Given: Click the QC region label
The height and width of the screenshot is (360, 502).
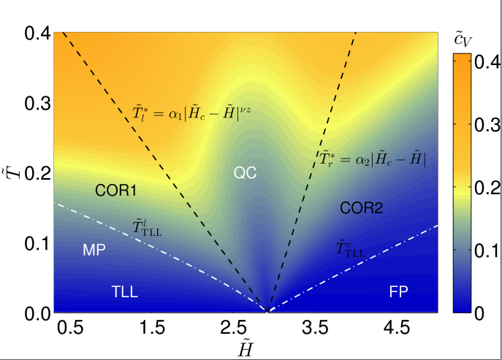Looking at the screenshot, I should click(245, 172).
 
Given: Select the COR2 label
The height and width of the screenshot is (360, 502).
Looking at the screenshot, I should click(361, 208).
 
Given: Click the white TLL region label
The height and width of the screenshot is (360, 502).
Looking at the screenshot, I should click(125, 292).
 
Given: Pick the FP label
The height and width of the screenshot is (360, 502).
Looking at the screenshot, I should click(398, 291).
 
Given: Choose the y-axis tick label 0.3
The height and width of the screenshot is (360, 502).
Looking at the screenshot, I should click(36, 103).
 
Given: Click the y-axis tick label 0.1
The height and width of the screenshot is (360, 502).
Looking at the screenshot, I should click(36, 243).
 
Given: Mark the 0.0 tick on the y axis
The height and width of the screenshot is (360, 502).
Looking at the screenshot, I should click(36, 313).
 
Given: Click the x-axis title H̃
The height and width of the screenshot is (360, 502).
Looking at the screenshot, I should click(246, 350).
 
